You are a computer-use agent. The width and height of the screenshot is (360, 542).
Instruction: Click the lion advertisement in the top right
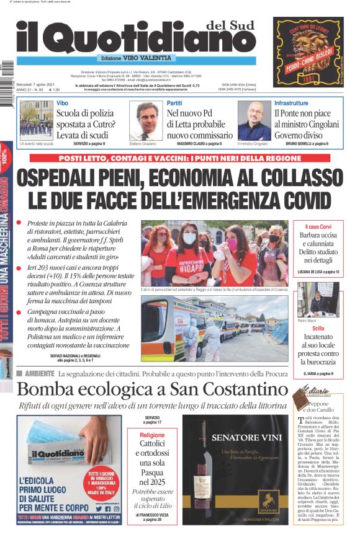click(308, 51)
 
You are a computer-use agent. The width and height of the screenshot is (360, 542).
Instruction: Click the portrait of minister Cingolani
click(254, 120)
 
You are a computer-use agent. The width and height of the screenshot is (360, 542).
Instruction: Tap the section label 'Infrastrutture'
click(291, 103)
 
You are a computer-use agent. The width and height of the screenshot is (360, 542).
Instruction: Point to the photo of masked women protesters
click(214, 252)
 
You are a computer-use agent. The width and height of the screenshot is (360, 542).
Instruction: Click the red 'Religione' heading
click(152, 435)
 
